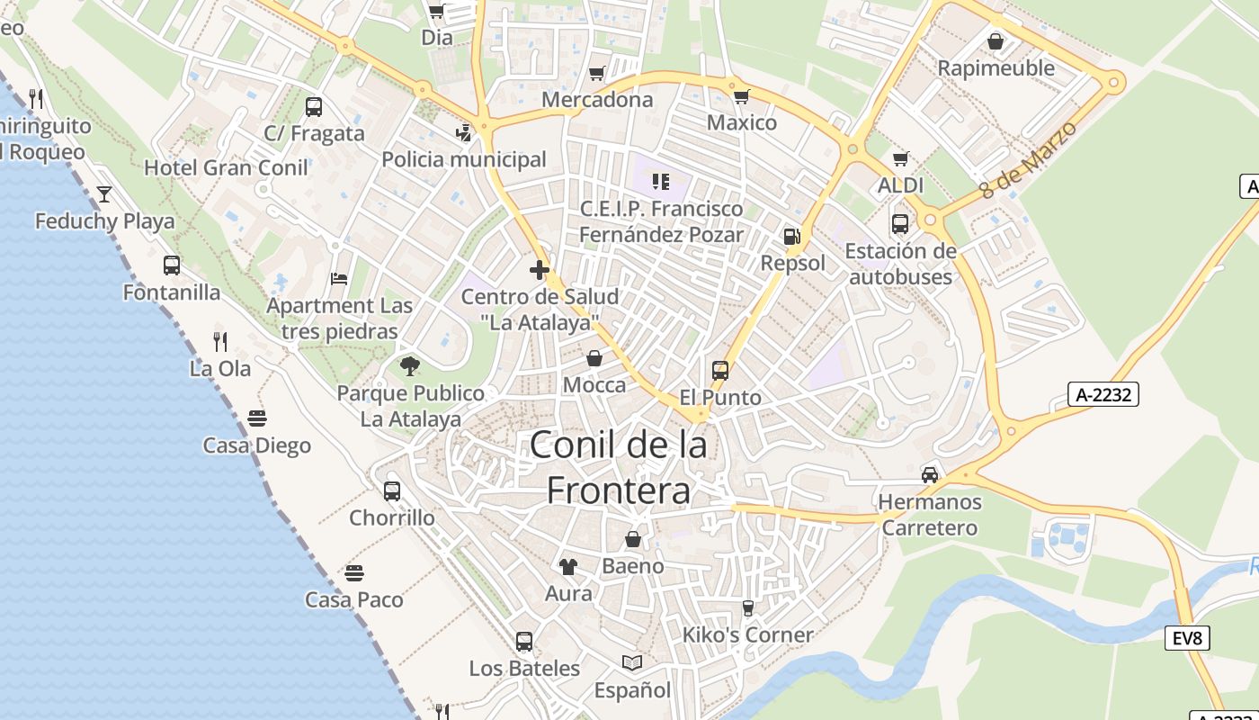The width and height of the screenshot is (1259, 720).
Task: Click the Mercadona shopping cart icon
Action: (x=596, y=73)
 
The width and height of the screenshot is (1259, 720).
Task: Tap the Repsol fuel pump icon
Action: (x=791, y=237)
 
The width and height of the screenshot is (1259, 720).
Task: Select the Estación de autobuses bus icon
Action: (x=899, y=223)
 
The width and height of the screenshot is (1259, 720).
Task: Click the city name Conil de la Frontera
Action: (x=619, y=467)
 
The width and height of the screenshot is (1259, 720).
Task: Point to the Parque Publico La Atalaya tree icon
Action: (x=410, y=366)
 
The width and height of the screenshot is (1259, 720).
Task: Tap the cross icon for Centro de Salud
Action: (x=540, y=269)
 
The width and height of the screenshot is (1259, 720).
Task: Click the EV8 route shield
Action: (x=1187, y=638)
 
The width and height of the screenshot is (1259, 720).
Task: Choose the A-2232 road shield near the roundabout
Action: (x=1103, y=393)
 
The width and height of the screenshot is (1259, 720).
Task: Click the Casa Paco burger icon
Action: (x=353, y=572)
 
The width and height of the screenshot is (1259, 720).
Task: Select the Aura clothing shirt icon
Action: (x=568, y=566)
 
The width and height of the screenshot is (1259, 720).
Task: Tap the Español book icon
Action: (x=632, y=663)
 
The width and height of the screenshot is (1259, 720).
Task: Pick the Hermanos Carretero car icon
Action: (x=930, y=474)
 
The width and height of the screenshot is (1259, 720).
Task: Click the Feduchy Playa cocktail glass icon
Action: (x=104, y=193)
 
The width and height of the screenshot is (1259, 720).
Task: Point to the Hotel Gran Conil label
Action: (x=226, y=167)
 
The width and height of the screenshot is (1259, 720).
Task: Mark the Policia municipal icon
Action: (x=463, y=132)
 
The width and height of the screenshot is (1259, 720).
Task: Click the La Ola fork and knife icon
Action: (x=220, y=341)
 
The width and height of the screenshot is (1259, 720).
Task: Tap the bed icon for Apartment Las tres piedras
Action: (x=339, y=278)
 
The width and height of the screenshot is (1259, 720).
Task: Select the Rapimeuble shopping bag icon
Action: (x=996, y=41)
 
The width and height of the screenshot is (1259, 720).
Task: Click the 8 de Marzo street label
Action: (x=1027, y=160)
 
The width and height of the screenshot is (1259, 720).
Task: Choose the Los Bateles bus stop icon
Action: (x=524, y=642)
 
